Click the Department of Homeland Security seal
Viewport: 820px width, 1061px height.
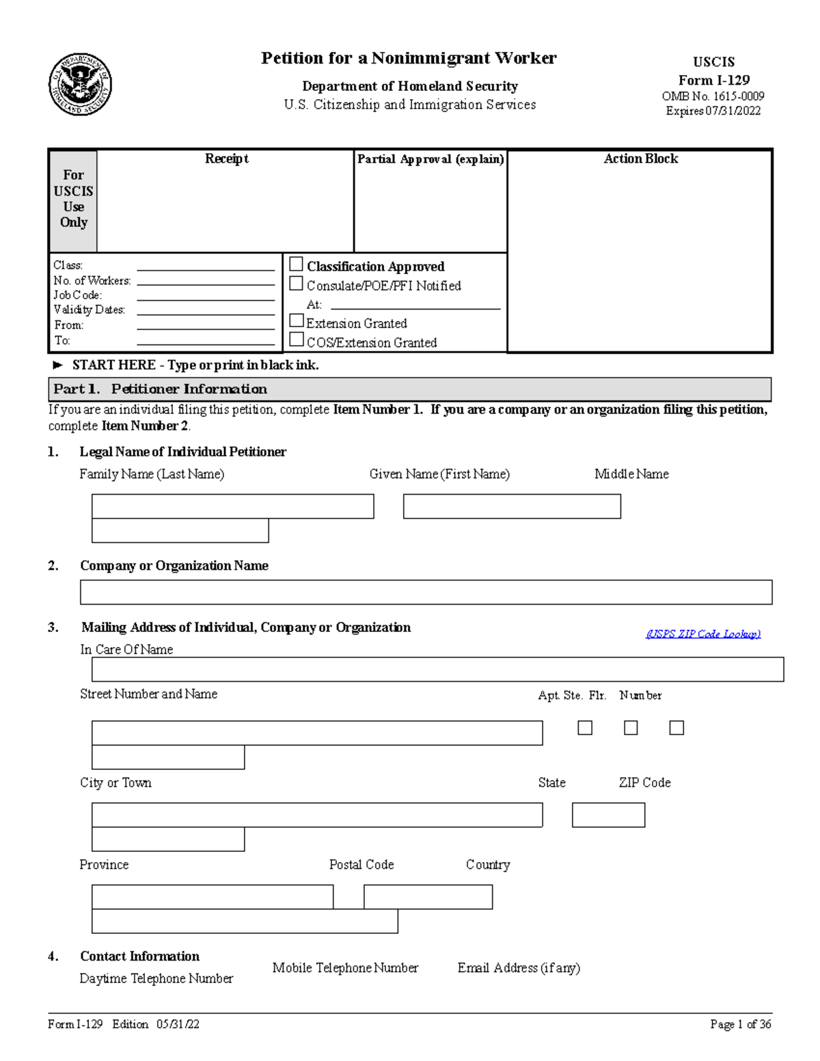pyautogui.click(x=80, y=85)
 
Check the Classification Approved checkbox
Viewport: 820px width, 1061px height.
pyautogui.click(x=297, y=264)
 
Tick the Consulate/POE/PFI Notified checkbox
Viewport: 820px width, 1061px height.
pyautogui.click(x=297, y=284)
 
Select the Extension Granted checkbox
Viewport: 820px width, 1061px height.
pyautogui.click(x=297, y=320)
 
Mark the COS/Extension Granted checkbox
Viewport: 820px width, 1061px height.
pyautogui.click(x=297, y=340)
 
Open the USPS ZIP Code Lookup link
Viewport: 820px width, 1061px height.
pyautogui.click(x=703, y=634)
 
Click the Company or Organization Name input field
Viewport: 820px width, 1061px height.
pyautogui.click(x=426, y=592)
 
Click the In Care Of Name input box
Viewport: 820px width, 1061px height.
pyautogui.click(x=437, y=670)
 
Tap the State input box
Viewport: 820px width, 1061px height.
pyautogui.click(x=608, y=815)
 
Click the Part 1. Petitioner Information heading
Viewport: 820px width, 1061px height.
pyautogui.click(x=161, y=389)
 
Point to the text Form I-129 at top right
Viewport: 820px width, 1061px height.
pyautogui.click(x=713, y=80)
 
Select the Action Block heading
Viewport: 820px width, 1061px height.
pyautogui.click(x=640, y=159)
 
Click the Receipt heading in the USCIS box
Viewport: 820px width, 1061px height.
pyautogui.click(x=226, y=159)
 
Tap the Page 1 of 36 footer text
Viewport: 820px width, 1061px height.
pyautogui.click(x=740, y=1024)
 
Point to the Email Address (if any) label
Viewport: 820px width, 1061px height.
pyautogui.click(x=519, y=968)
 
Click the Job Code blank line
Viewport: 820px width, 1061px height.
pyautogui.click(x=205, y=296)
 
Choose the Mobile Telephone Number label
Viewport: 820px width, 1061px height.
pyautogui.click(x=345, y=968)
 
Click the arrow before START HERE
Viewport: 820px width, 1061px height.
pyautogui.click(x=58, y=366)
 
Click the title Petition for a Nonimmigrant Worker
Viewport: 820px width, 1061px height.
pyautogui.click(x=409, y=58)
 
